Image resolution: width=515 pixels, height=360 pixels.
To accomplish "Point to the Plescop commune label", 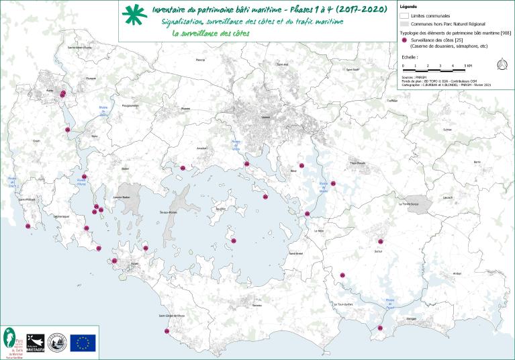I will [199, 60].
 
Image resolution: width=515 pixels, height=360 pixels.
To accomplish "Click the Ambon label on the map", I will [457, 273].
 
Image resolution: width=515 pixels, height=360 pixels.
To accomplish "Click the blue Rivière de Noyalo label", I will [324, 185].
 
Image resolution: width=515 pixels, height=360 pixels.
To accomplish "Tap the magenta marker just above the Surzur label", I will [381, 241].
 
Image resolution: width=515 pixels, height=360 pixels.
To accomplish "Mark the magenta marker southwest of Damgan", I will [380, 328].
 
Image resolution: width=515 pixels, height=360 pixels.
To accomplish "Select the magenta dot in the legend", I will [404, 40].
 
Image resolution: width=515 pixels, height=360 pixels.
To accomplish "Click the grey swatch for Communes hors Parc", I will [404, 23].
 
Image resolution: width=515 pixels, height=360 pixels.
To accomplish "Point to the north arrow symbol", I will [501, 64].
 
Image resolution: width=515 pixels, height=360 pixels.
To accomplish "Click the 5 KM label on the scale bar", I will [469, 65].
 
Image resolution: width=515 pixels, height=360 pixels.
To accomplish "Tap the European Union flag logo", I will [83, 343].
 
